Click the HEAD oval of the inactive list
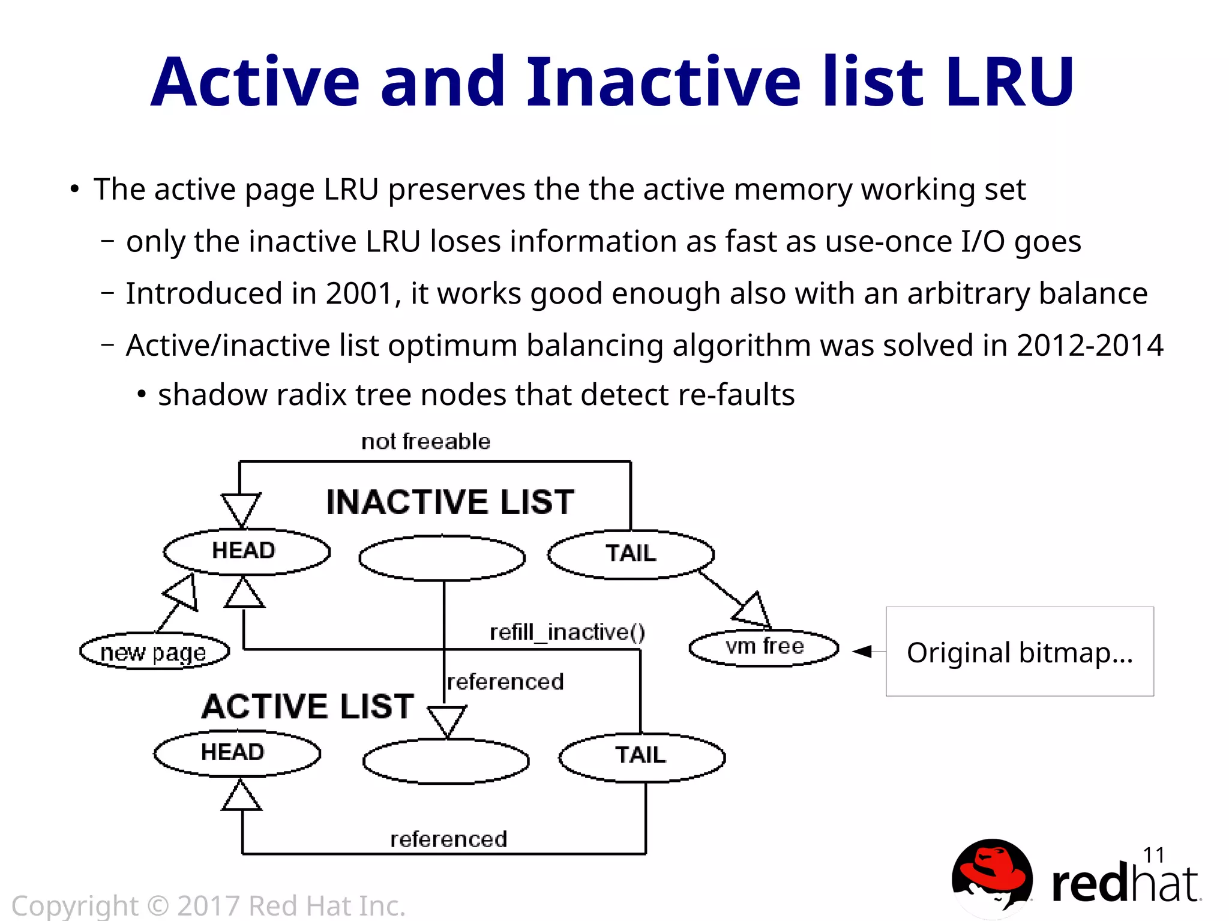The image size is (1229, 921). tap(247, 551)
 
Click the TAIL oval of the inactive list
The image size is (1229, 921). tap(631, 554)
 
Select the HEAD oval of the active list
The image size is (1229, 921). tap(237, 753)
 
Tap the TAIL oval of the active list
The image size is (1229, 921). tap(642, 757)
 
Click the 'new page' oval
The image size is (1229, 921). tap(154, 652)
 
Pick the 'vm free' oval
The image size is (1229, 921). tap(764, 647)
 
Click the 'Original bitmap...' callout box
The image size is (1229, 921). tap(1020, 652)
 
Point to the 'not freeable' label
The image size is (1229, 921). tap(425, 442)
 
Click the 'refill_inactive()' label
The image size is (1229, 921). tap(567, 632)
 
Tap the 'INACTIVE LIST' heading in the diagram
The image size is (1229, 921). tap(450, 502)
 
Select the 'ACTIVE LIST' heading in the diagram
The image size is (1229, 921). tap(308, 706)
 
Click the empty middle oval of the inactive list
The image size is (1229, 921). tap(442, 558)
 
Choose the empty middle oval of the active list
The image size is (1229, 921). tap(446, 761)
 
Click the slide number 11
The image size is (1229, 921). tap(1153, 854)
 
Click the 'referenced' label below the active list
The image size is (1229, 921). tap(448, 839)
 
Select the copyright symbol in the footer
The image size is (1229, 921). tap(158, 905)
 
